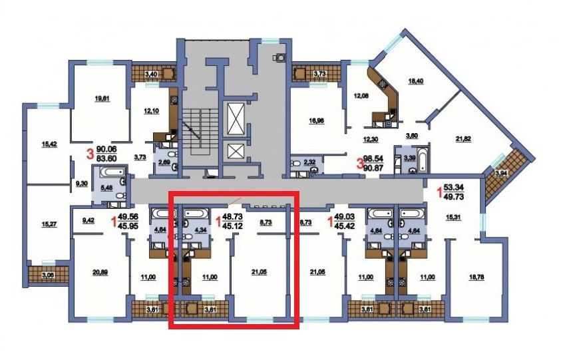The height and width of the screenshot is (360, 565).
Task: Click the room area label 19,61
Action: point(102,98)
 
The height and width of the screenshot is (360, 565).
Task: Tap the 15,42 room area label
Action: point(49,144)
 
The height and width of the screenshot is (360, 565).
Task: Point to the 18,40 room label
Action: point(415,81)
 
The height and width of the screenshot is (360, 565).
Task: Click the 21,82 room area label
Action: point(463,139)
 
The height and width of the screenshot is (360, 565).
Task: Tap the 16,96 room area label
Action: point(316,121)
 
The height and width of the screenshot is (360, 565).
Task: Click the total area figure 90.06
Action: point(106,150)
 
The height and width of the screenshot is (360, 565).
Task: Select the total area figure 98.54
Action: point(373,159)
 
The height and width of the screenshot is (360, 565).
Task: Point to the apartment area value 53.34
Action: point(454,188)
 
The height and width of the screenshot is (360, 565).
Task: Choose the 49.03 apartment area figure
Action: point(345,218)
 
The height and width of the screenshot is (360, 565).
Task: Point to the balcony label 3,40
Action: point(150,75)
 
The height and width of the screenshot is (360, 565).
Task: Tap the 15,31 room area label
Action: point(453,218)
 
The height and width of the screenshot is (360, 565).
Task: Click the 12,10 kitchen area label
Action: point(151,110)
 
